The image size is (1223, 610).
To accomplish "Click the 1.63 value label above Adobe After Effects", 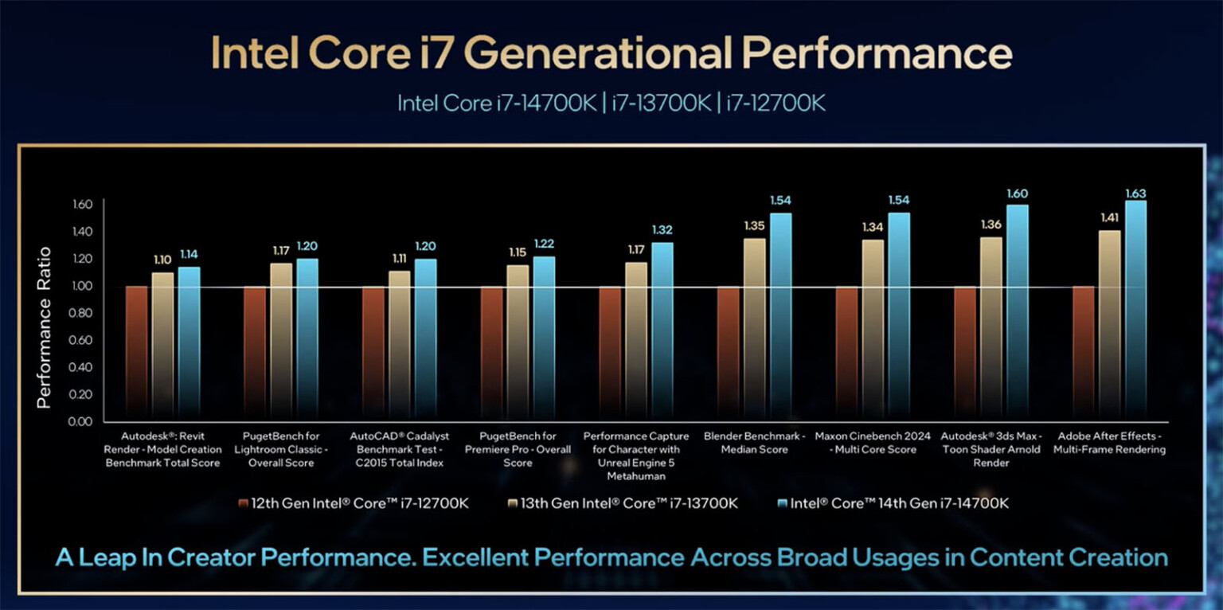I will coord(1135,194).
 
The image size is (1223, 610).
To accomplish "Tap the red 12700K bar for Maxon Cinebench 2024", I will coord(846,350).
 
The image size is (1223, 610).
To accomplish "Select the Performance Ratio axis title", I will coord(45,327).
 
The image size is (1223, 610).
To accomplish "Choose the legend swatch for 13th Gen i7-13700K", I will coord(513,503).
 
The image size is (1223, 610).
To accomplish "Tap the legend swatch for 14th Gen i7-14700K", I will coord(780,503).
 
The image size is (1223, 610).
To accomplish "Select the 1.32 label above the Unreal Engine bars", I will coord(662,230).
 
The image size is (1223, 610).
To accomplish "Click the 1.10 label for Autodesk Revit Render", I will coord(162,260).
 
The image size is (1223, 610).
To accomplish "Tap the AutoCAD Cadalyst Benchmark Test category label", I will coord(400,449).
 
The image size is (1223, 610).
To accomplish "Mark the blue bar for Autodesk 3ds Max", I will coord(1018,311).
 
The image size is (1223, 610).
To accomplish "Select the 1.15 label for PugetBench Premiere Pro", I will coord(517,252).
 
